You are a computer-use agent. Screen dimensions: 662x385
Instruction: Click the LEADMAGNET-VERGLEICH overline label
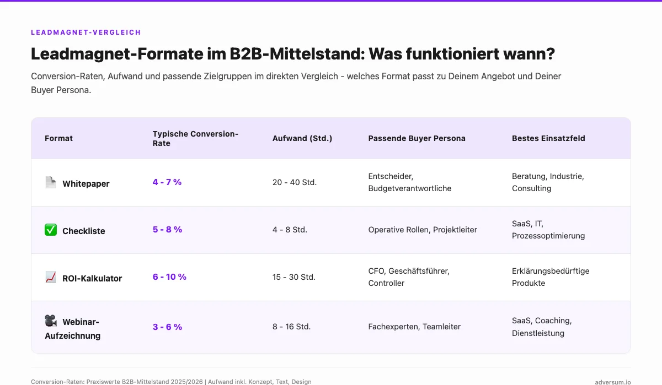pyautogui.click(x=86, y=32)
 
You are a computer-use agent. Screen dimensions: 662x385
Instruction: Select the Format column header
pyautogui.click(x=58, y=138)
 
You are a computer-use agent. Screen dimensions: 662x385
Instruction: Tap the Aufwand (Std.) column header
pyautogui.click(x=302, y=138)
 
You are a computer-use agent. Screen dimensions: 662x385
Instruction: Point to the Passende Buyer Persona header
pyautogui.click(x=417, y=138)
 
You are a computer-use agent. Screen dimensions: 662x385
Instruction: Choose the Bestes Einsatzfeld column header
pyautogui.click(x=548, y=138)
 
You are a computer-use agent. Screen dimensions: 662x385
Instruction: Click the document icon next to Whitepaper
pyautogui.click(x=51, y=182)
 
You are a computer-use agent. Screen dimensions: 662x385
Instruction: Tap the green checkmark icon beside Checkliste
pyautogui.click(x=51, y=230)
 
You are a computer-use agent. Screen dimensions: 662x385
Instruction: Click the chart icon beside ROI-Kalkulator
pyautogui.click(x=51, y=277)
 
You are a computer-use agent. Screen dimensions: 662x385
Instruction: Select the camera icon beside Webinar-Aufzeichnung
pyautogui.click(x=51, y=321)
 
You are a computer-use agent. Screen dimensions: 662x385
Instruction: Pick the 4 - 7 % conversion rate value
pyautogui.click(x=167, y=182)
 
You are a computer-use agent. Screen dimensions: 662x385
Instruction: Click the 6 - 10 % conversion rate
pyautogui.click(x=169, y=276)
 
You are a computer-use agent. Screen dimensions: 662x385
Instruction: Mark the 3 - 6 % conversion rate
pyautogui.click(x=167, y=327)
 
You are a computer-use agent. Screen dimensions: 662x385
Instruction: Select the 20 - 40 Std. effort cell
pyautogui.click(x=295, y=182)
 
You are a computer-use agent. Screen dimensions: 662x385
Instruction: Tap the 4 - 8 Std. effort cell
pyautogui.click(x=290, y=230)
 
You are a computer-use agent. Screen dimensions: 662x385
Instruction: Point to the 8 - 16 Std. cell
pyautogui.click(x=291, y=327)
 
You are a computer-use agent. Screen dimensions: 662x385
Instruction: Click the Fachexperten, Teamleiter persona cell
pyautogui.click(x=414, y=327)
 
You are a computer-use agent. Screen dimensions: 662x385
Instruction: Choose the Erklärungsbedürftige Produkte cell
pyautogui.click(x=551, y=277)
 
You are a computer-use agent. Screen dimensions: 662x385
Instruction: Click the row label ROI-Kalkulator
pyautogui.click(x=92, y=278)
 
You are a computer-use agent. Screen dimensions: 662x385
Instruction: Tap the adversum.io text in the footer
pyautogui.click(x=613, y=382)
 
